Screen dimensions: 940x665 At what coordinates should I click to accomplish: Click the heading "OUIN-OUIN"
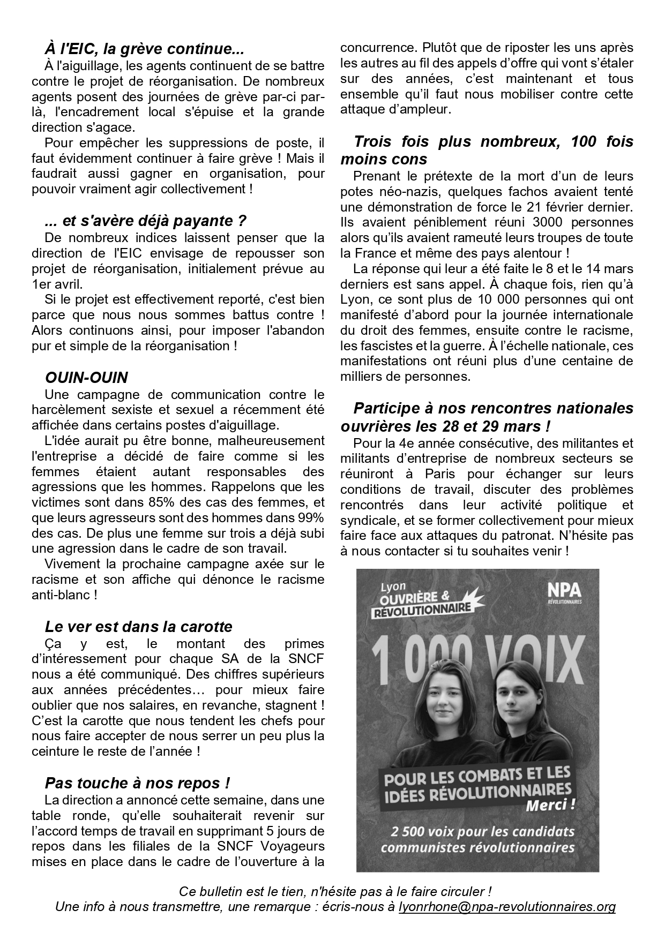point(86,378)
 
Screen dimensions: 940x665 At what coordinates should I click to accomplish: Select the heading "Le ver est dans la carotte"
point(138,627)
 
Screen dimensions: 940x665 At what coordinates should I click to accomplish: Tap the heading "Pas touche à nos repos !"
point(137,783)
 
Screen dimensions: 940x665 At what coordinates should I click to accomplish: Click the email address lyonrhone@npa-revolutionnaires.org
point(507,907)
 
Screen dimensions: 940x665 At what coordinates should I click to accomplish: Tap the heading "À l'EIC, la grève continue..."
point(144,50)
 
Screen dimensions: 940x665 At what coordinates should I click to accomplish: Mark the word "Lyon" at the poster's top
point(394,586)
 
